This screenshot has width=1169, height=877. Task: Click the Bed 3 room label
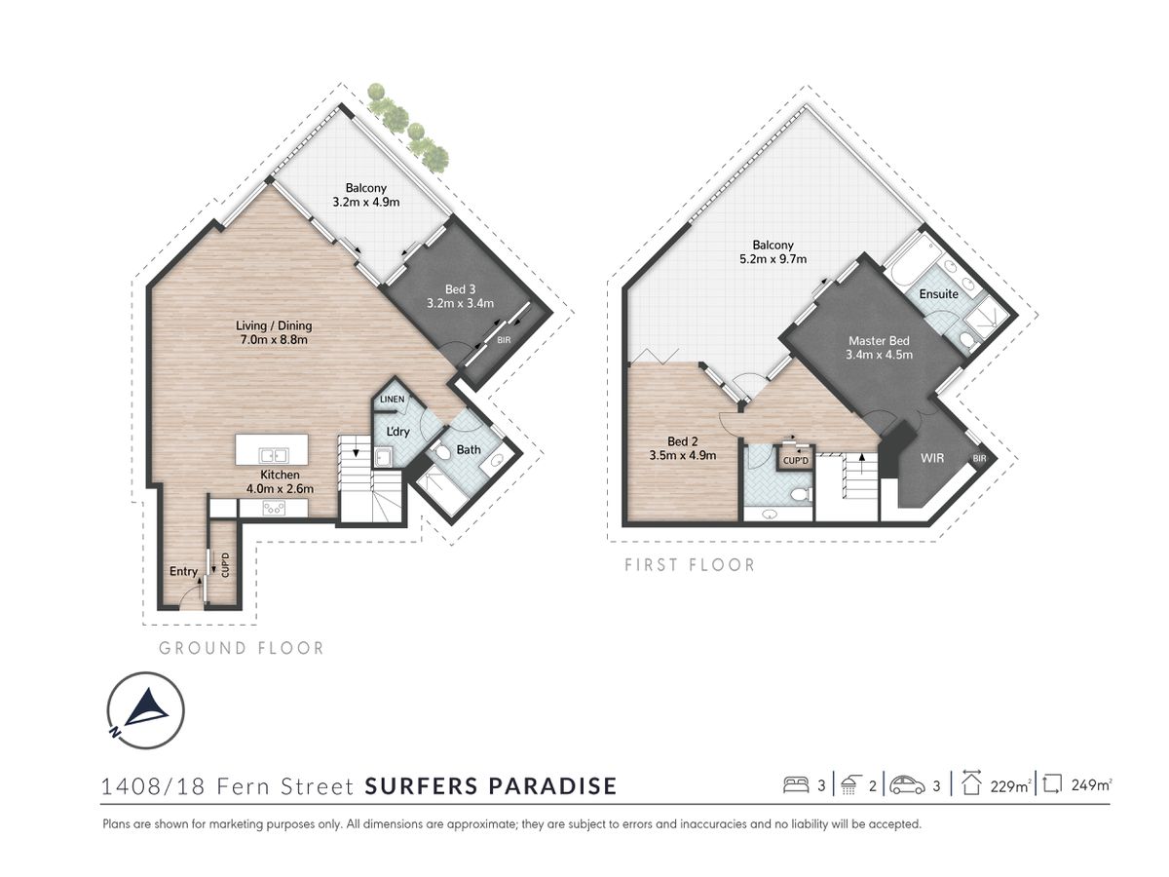[x=460, y=289]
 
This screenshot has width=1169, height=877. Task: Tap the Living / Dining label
[x=274, y=325]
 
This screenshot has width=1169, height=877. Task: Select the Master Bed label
[x=879, y=341]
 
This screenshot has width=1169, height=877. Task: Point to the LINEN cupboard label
[x=392, y=399]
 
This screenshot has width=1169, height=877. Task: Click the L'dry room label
[x=397, y=432]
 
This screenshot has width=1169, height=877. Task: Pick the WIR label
[x=932, y=457]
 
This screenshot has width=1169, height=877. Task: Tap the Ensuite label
[x=938, y=294]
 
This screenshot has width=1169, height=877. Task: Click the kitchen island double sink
[x=274, y=456]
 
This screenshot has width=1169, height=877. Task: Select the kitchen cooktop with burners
[x=274, y=509]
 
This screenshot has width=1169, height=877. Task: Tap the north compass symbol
[x=146, y=709]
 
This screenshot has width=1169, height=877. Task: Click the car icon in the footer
[x=907, y=784]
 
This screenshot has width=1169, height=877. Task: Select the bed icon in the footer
[x=796, y=784]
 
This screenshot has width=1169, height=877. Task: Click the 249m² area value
[x=1091, y=784]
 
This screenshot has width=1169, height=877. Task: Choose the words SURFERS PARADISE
[x=491, y=786]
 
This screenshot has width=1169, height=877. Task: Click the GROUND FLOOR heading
[x=242, y=648]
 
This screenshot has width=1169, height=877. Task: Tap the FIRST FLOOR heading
[x=690, y=565]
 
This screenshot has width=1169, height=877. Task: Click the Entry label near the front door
[x=183, y=571]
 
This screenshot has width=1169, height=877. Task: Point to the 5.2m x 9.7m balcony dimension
[x=773, y=259]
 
